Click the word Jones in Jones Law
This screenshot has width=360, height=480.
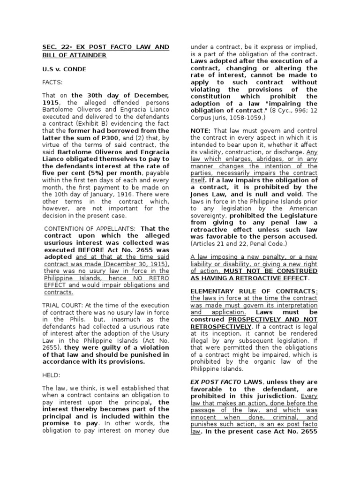point(201,194)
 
